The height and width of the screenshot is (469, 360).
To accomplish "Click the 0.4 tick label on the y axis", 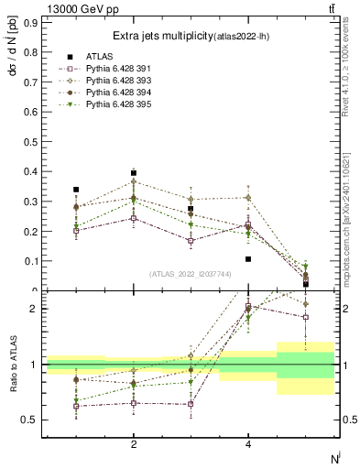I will tap(31, 171).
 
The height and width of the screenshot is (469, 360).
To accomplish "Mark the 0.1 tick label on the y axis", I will tap(31, 261).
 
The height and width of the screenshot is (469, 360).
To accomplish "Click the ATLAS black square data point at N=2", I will tap(134, 173).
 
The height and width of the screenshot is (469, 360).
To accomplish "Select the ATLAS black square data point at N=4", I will tap(248, 259).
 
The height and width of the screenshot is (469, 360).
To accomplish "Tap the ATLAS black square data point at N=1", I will tap(76, 190).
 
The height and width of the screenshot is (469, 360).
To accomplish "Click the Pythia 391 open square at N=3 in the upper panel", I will tap(191, 242).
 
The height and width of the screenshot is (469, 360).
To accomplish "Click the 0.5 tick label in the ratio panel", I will tap(31, 420).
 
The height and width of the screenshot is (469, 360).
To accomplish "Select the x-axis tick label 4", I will tap(248, 444).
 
